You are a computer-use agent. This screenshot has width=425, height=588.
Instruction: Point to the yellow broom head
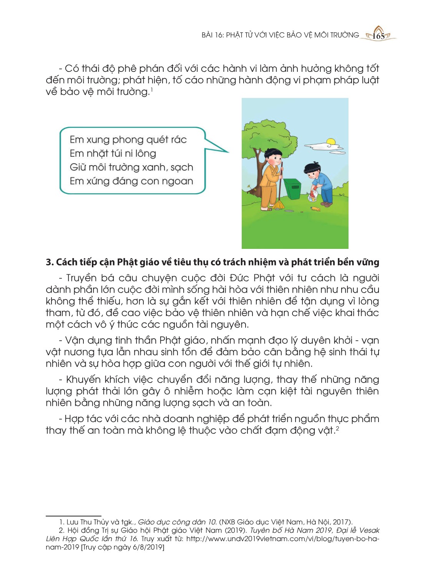[x=279, y=205]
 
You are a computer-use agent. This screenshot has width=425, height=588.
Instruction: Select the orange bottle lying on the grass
[x=315, y=209]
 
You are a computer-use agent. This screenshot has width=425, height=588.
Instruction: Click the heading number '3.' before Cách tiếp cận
[x=50, y=262]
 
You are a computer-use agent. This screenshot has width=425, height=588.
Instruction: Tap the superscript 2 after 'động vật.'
[x=337, y=428]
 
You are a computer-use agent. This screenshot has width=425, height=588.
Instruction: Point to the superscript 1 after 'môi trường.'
[x=152, y=89]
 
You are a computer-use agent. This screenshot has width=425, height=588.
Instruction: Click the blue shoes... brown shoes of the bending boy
[x=326, y=204]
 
